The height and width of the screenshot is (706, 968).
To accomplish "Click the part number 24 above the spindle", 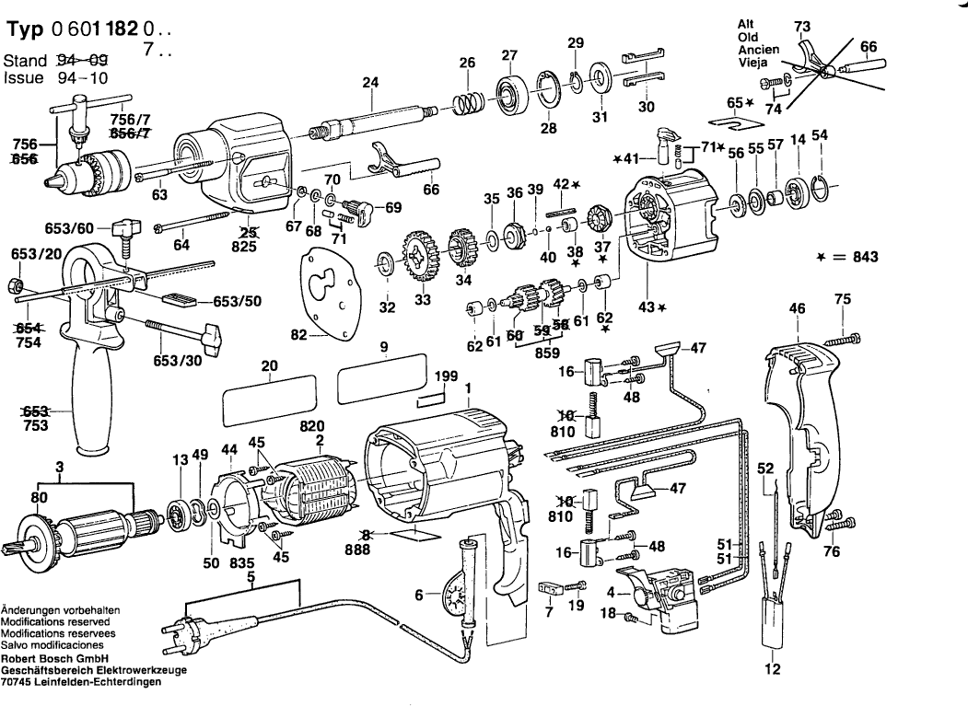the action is click(x=370, y=82).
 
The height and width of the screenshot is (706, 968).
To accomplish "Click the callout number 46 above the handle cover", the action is click(x=797, y=308).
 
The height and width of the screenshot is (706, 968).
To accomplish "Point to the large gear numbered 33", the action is click(x=422, y=257).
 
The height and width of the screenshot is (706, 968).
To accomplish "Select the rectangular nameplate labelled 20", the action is click(x=269, y=399).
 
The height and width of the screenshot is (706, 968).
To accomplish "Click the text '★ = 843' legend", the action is click(x=847, y=257).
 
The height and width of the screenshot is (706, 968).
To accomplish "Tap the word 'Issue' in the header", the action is click(x=23, y=77).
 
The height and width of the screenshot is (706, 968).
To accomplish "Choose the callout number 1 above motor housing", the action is click(x=469, y=388).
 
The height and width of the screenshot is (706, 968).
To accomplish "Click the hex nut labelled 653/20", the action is click(x=17, y=285).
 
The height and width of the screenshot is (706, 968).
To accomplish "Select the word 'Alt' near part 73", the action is click(x=746, y=24).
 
